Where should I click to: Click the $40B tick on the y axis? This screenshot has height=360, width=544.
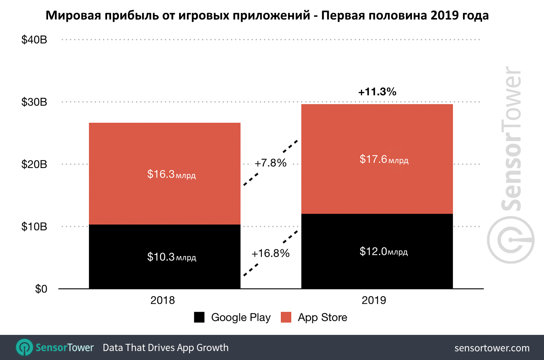(34, 40)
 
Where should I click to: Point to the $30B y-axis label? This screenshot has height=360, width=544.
(34, 102)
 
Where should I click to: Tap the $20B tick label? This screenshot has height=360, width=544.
(34, 164)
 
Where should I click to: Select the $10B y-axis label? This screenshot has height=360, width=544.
(34, 226)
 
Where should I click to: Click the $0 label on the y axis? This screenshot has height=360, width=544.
(41, 289)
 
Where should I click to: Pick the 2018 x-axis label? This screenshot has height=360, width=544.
(162, 300)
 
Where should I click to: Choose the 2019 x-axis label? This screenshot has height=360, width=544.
(374, 300)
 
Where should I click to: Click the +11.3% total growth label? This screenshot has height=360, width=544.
(377, 92)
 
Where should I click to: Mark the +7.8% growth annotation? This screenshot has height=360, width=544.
(270, 163)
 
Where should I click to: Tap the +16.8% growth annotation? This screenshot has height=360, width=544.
(270, 253)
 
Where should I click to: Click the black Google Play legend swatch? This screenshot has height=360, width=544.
(199, 317)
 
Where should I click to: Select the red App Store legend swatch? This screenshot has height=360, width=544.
(286, 317)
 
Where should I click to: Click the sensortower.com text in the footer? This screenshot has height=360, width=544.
(492, 348)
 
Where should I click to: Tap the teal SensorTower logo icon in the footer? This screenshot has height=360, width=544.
(25, 348)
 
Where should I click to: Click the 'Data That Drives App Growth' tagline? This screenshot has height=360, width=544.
(165, 348)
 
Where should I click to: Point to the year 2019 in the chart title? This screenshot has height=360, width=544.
(445, 15)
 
